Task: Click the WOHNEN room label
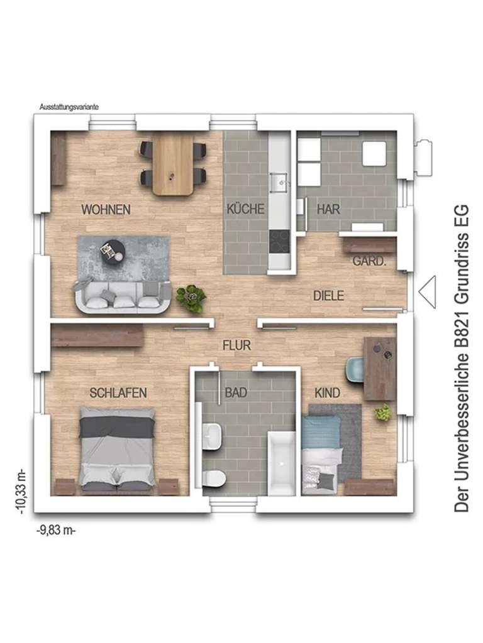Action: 106,210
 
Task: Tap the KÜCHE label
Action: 246,210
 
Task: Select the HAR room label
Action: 328,210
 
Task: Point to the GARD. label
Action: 369,261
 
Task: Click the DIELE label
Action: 328,296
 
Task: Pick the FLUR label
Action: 236,345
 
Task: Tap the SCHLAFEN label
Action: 118,393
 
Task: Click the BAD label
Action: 236,393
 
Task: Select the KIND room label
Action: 327,393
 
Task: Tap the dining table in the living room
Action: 174,165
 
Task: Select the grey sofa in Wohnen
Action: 122,298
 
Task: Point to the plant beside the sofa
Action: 191,298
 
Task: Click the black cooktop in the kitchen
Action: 278,240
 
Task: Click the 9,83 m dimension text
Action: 57,531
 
